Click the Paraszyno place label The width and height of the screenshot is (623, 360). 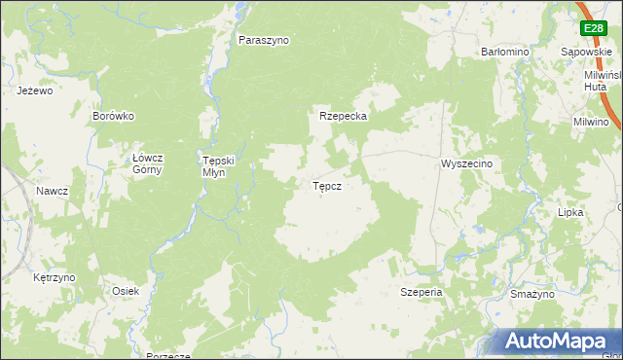pos(265,41)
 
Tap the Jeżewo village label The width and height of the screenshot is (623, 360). pos(34,90)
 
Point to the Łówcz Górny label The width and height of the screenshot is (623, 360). pos(148,163)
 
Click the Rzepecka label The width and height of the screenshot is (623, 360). pos(343,116)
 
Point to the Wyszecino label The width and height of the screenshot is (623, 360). pos(467,164)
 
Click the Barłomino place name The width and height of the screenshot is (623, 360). pos(504,52)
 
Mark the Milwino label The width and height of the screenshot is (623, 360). pos(591,123)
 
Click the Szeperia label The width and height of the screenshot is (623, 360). pos(422,292)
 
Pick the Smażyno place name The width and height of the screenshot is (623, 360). pos(531,293)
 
